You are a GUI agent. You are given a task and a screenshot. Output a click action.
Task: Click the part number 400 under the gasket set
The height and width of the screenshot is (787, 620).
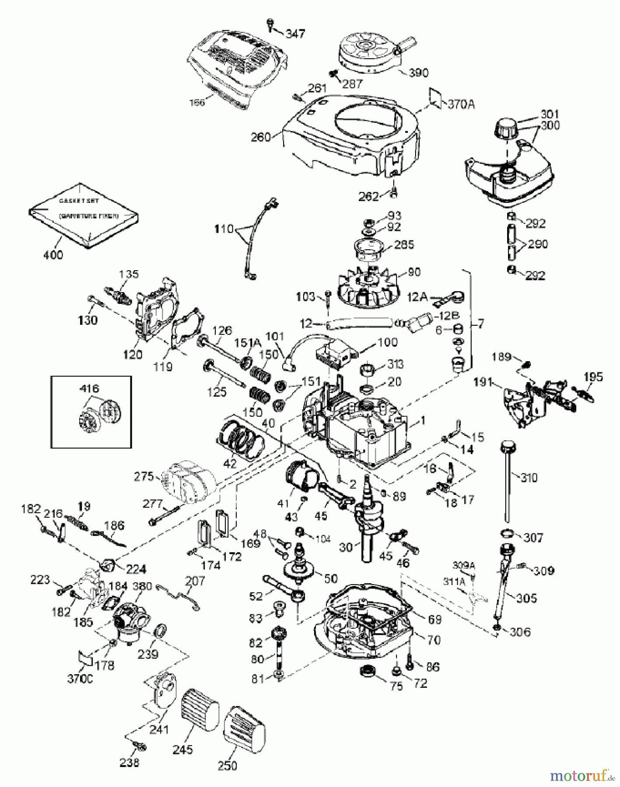pyautogui.click(x=53, y=254)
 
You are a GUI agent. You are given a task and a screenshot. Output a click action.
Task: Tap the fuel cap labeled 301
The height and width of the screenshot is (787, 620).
pyautogui.click(x=506, y=128)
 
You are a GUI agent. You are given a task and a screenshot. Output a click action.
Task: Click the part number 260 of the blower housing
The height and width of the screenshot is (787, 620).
pyautogui.click(x=261, y=137)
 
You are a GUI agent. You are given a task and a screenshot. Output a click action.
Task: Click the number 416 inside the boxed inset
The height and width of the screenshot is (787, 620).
pyautogui.click(x=89, y=388)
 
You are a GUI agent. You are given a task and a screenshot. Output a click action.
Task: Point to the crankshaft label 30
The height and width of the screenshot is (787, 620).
pyautogui.click(x=346, y=547)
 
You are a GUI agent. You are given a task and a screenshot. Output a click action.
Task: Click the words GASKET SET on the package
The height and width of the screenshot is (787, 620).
pyautogui.click(x=79, y=201)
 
